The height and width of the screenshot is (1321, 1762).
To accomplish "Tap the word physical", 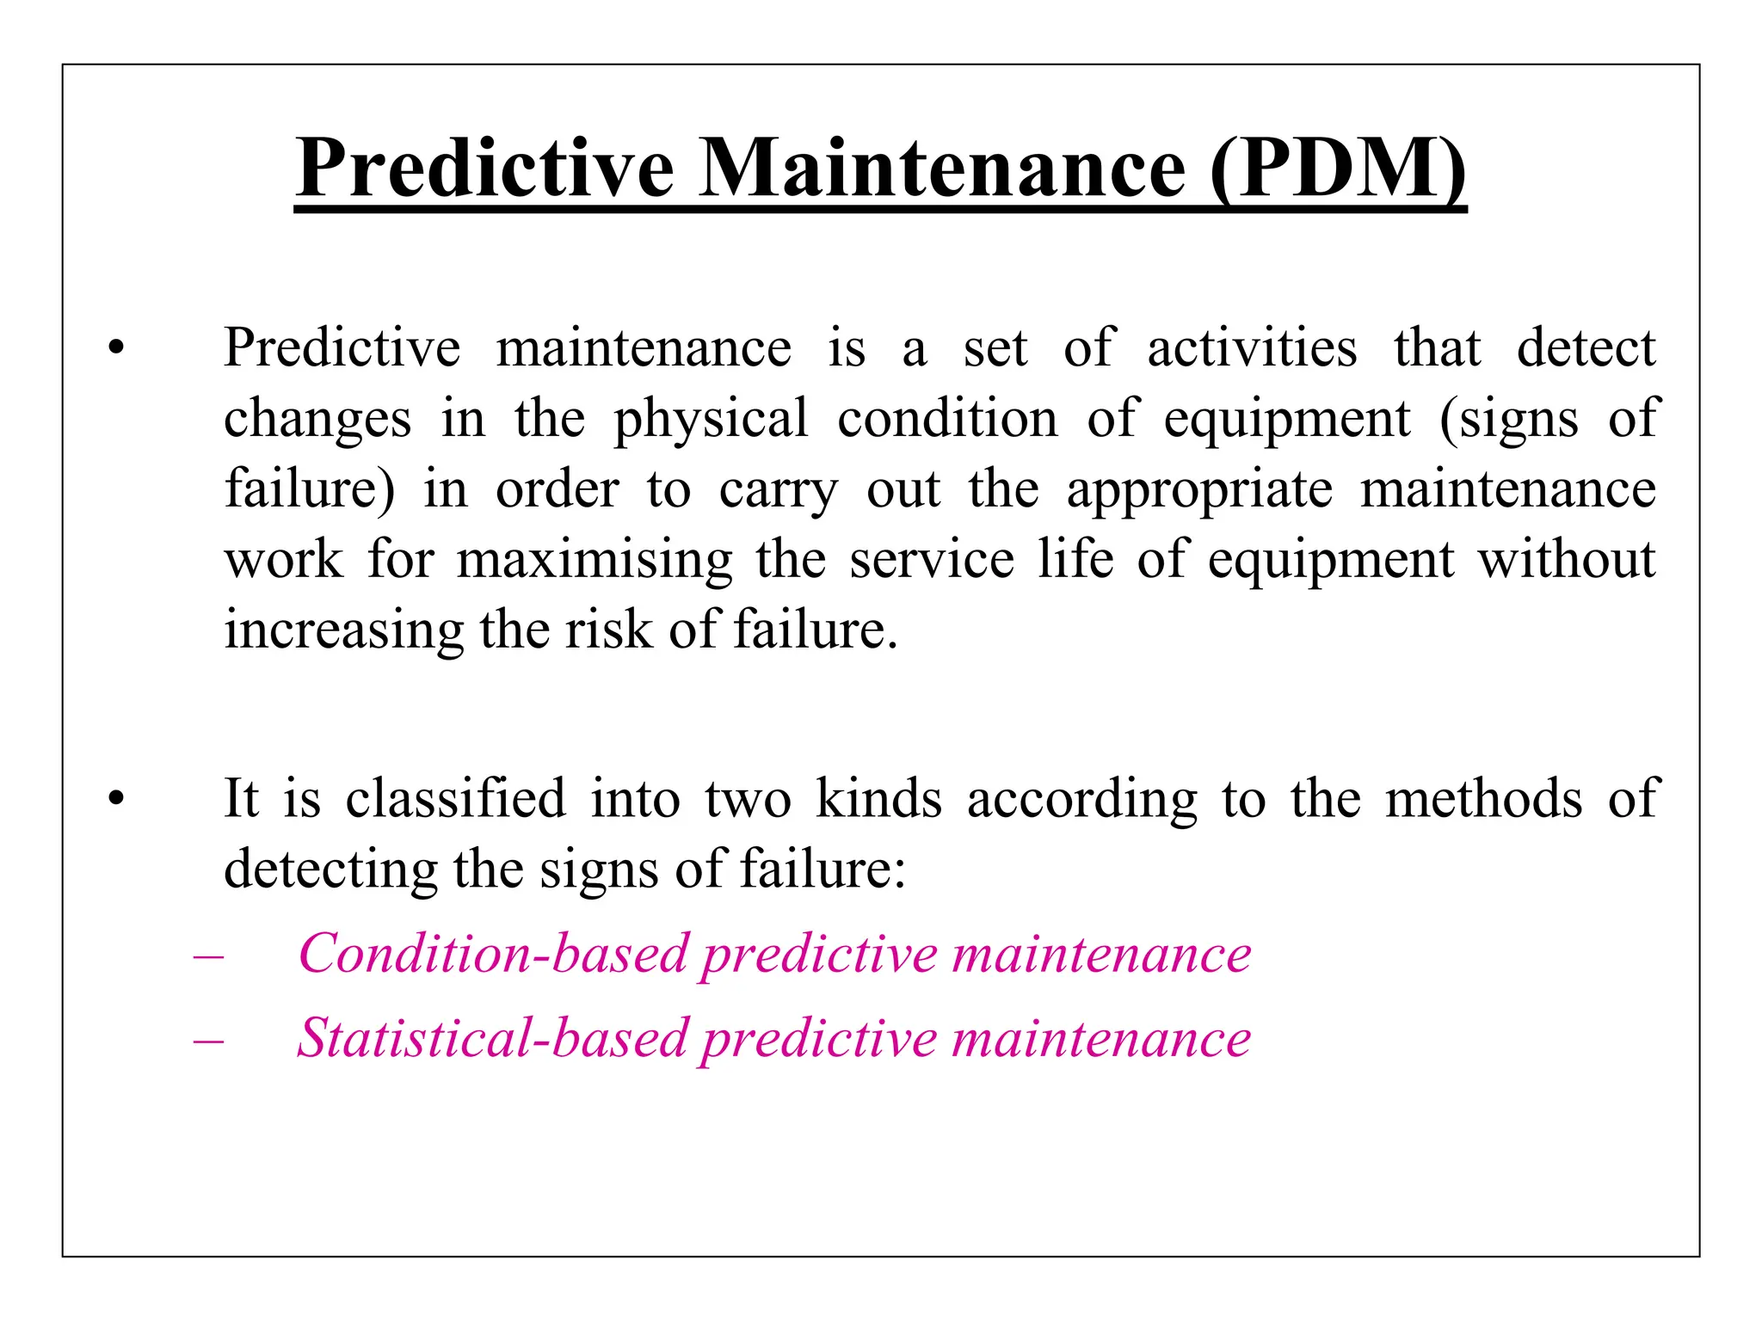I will coord(711,420).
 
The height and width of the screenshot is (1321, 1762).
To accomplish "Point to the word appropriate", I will coord(1199,490).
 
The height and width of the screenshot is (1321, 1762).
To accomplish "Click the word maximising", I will coord(595,560).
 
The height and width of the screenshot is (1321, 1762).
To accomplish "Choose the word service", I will coord(932,560).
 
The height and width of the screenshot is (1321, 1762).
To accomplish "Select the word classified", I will coord(455,798).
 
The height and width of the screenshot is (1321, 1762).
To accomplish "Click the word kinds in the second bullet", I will coord(878,798).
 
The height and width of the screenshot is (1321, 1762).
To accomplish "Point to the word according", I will coord(1081,800).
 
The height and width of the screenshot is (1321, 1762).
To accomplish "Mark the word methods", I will coord(1483,798).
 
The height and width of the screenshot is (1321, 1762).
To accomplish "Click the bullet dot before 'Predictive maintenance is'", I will coord(116,349).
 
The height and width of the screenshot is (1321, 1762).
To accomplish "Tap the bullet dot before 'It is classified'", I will coord(116,800).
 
